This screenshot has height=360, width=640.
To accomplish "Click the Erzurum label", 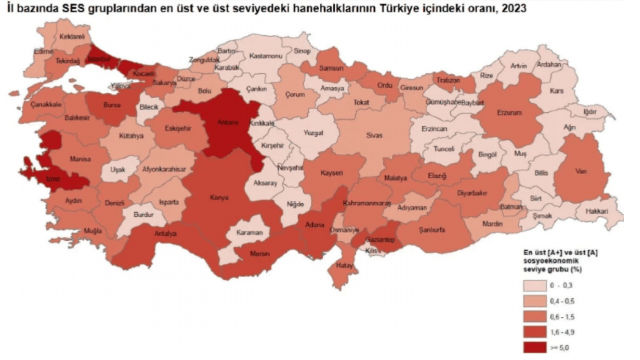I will (x=510, y=113).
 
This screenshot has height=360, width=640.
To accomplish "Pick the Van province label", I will (x=581, y=171).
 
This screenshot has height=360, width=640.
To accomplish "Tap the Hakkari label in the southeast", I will (x=598, y=211).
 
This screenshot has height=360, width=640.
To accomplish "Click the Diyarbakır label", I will (x=472, y=192).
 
